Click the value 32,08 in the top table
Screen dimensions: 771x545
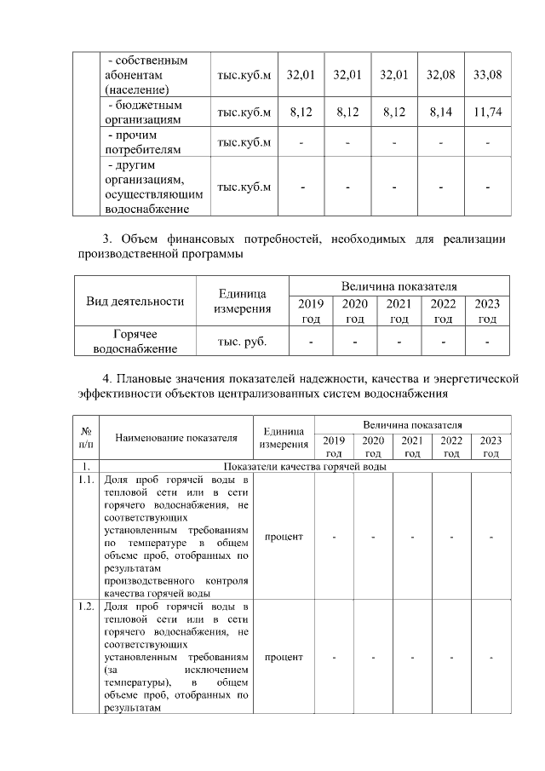pos(440,75)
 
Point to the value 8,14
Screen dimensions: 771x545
pos(440,112)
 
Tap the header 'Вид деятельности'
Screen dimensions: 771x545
pos(135,300)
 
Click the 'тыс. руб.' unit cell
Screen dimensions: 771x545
pos(244,342)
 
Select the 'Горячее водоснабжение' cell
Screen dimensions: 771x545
pos(135,342)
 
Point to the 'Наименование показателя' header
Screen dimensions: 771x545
pos(176,438)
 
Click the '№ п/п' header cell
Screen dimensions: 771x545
pos(86,438)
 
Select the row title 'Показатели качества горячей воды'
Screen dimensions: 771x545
pos(305,467)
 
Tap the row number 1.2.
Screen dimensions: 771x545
pos(86,607)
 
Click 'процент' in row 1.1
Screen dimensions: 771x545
pos(284,537)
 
